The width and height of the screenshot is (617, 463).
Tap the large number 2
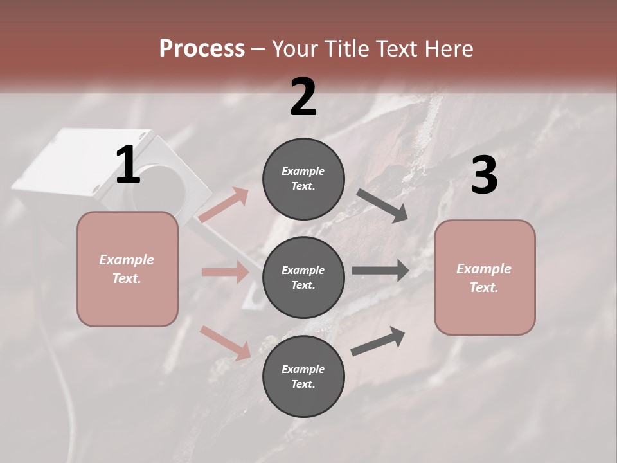pyautogui.click(x=303, y=97)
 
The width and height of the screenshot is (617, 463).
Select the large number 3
pyautogui.click(x=484, y=176)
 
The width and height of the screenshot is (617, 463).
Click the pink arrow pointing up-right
pyautogui.click(x=224, y=206)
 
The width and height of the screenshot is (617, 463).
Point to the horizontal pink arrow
pyautogui.click(x=225, y=272)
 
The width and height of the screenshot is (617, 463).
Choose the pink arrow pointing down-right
pyautogui.click(x=225, y=343)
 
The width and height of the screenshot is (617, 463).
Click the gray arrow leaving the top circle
pyautogui.click(x=382, y=206)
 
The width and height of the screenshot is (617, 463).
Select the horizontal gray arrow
pyautogui.click(x=380, y=271)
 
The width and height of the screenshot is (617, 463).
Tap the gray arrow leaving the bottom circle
pyautogui.click(x=378, y=341)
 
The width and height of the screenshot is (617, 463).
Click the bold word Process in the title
pyautogui.click(x=202, y=48)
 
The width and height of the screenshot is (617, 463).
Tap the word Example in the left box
pyautogui.click(x=127, y=260)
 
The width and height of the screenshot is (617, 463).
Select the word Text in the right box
pyautogui.click(x=483, y=287)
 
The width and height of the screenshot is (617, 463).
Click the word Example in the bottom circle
pyautogui.click(x=303, y=369)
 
